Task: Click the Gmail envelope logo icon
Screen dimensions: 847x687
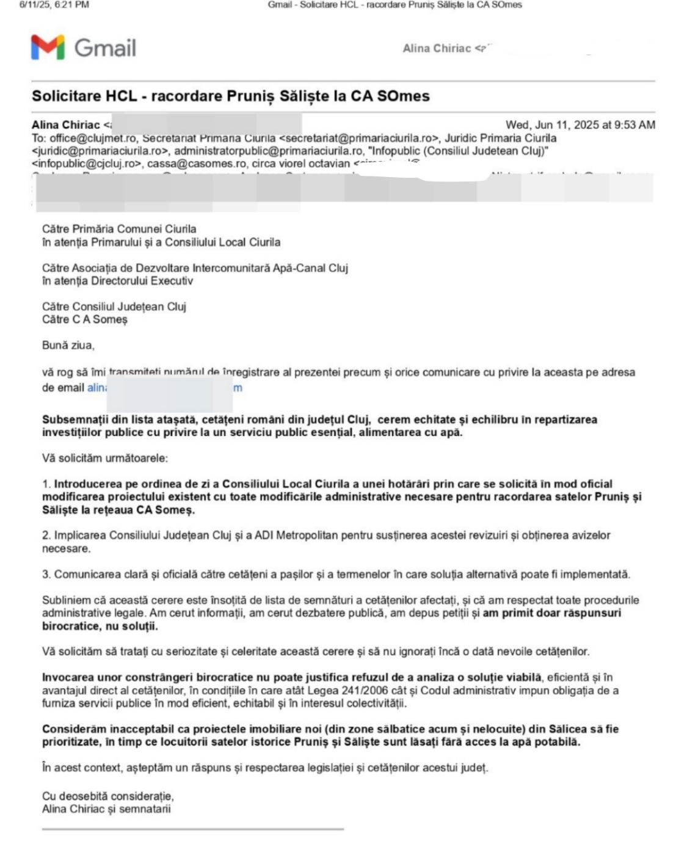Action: click(x=48, y=48)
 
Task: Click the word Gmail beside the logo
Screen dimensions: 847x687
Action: click(x=105, y=48)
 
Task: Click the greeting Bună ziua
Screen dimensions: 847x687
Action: click(x=68, y=346)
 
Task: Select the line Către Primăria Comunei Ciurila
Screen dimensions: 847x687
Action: click(x=119, y=229)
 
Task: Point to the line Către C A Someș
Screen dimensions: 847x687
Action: click(x=84, y=319)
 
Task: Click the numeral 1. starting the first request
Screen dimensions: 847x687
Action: click(x=46, y=484)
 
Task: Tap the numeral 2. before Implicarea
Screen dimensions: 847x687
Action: click(x=46, y=536)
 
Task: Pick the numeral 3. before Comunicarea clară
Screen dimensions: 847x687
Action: click(x=46, y=575)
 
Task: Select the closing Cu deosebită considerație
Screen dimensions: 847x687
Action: click(x=107, y=796)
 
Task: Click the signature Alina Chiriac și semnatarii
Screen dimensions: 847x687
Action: click(x=106, y=809)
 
